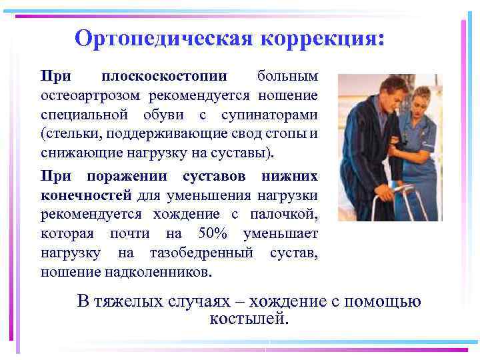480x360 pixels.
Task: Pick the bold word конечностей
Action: pos(87,195)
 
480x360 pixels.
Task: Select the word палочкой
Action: pos(287,215)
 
